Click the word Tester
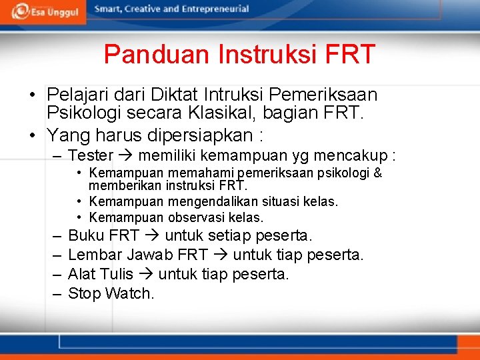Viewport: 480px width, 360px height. (91, 156)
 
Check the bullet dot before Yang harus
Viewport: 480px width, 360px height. (32, 135)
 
